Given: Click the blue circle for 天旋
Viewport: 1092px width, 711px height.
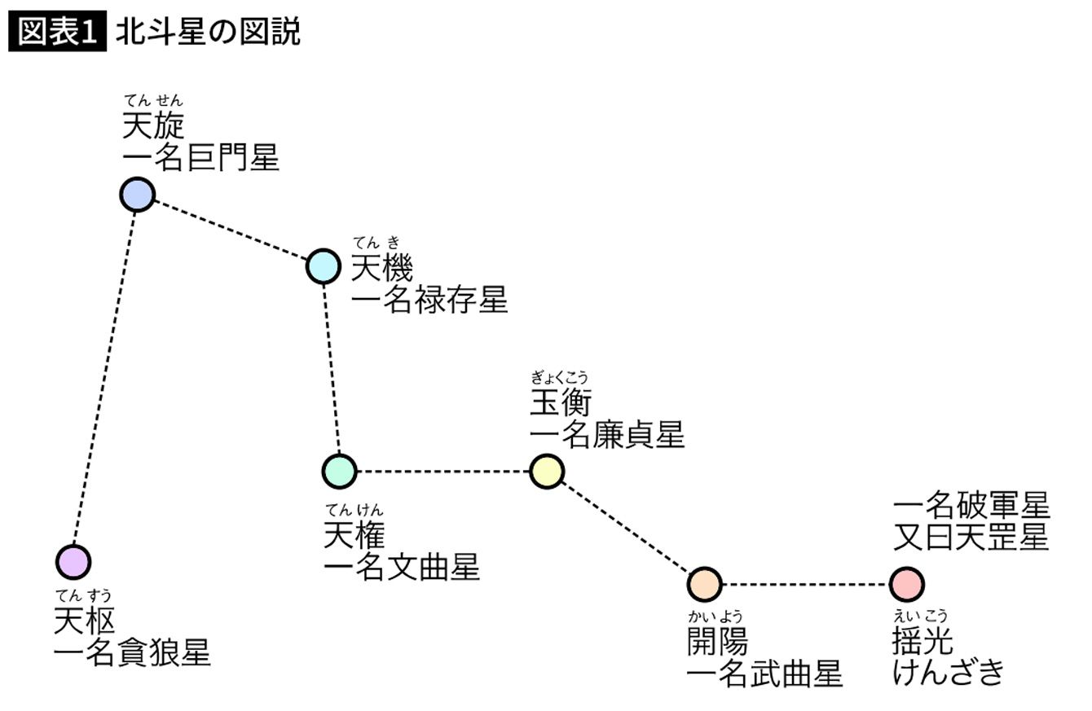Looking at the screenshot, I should [x=137, y=194].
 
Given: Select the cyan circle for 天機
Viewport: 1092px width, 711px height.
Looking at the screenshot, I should [x=323, y=266].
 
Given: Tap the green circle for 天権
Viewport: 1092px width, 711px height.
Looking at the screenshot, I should [x=339, y=471].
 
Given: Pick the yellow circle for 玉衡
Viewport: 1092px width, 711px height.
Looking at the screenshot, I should [x=547, y=471].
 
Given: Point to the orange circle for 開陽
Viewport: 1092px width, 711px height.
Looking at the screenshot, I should [x=704, y=584].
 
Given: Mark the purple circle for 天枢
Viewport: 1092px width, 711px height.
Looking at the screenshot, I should [x=73, y=562].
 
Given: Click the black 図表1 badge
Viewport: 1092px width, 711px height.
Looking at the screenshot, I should [x=57, y=33].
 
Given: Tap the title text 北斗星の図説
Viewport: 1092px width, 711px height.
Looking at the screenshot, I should [x=208, y=33].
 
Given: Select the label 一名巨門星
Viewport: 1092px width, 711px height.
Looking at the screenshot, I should [x=200, y=158].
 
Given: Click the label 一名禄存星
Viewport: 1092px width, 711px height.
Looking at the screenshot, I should [x=429, y=300].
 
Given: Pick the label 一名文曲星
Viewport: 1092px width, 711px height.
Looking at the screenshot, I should [x=402, y=568].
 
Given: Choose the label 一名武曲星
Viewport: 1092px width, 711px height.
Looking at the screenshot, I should [x=764, y=675].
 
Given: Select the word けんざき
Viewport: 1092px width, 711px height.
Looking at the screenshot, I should [x=948, y=674].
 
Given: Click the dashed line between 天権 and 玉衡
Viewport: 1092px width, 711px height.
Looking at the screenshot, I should [x=443, y=471].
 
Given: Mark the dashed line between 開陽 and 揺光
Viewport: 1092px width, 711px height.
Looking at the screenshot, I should [x=804, y=584].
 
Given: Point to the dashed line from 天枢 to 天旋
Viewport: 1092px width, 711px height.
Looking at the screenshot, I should [x=105, y=378].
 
